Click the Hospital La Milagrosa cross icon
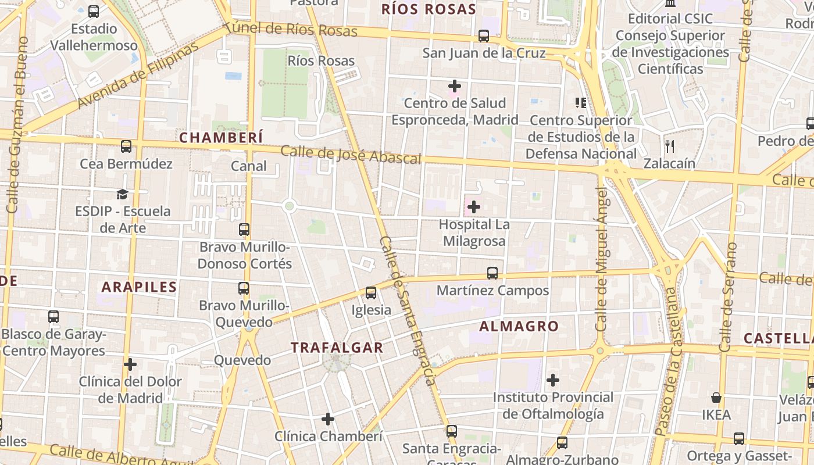point(474,206)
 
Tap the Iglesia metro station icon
point(371,293)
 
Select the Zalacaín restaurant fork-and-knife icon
point(670,146)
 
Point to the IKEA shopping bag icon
point(716,398)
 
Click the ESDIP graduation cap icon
point(122,194)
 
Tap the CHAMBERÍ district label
point(221,138)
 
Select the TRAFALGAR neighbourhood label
point(337,348)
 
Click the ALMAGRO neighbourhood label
point(519,327)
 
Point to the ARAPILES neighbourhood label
point(139,287)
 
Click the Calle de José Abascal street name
point(351,155)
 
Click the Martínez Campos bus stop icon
point(492,273)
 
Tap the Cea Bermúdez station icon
point(126,146)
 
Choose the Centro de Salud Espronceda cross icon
point(455,86)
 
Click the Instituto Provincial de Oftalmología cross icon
point(552,381)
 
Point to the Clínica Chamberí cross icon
point(328,419)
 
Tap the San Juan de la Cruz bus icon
point(484,36)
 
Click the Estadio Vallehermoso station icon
point(94,12)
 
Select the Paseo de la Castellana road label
point(667,360)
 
